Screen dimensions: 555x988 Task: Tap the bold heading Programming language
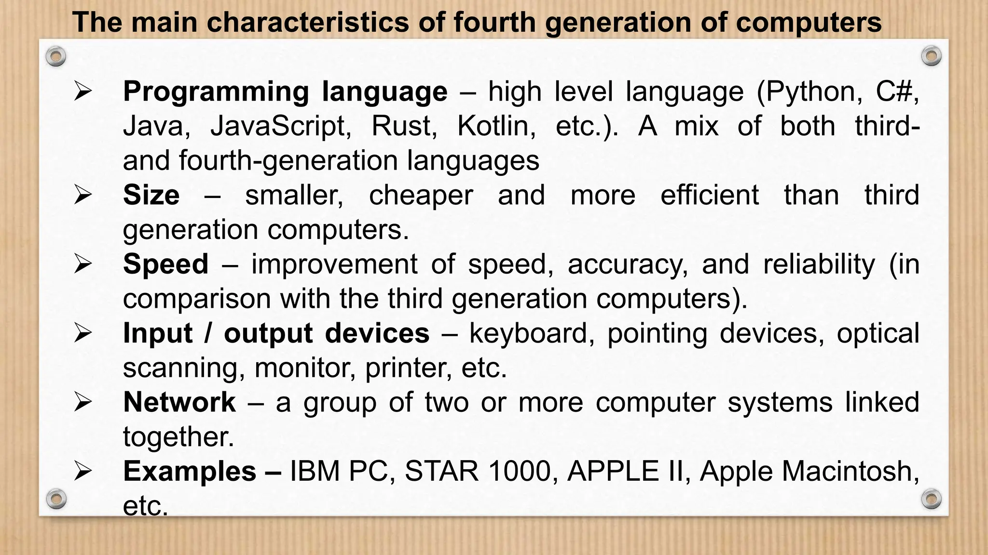(x=285, y=92)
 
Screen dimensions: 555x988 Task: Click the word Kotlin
(x=496, y=126)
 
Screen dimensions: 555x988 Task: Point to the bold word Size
(x=151, y=195)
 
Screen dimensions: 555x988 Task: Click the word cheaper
(x=421, y=195)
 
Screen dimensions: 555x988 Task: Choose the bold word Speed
(x=165, y=264)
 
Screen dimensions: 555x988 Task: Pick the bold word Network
(x=179, y=402)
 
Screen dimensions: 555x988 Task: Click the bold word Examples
(x=190, y=471)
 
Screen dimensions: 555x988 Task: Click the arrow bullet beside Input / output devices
(x=83, y=333)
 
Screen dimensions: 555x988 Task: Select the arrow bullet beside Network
(x=83, y=402)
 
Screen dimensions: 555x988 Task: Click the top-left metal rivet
(x=56, y=56)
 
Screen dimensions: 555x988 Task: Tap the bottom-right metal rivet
(x=931, y=499)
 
